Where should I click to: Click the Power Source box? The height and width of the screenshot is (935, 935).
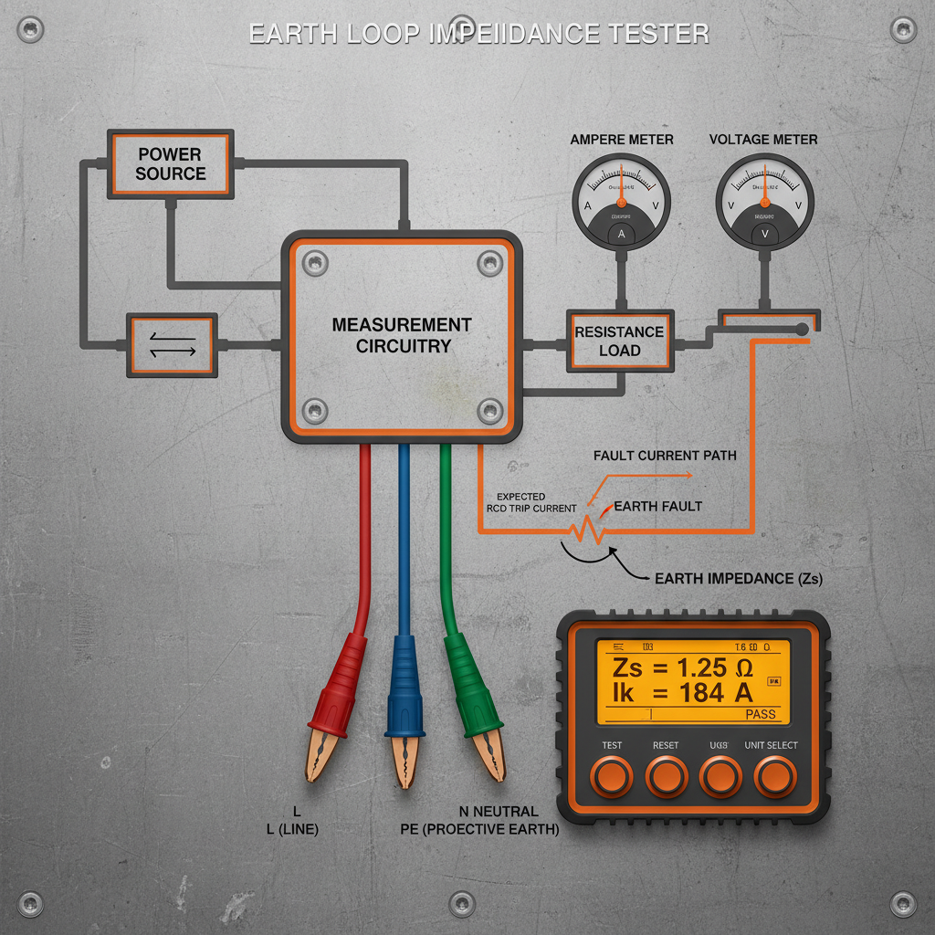coord(171,163)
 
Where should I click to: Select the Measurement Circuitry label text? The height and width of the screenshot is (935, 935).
coord(402,335)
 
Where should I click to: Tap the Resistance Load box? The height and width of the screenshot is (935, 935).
coord(619,341)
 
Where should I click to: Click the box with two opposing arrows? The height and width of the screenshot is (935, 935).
coord(172,345)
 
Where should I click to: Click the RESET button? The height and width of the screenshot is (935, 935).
coord(666,776)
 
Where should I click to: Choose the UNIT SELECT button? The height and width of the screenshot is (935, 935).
coord(772,776)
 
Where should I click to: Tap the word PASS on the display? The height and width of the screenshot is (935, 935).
coord(760,714)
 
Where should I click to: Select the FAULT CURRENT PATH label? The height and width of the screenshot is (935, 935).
coord(664,455)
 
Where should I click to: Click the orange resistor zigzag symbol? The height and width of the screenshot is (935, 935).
coord(582,530)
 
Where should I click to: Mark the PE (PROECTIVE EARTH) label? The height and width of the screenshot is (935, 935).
coord(479,831)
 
